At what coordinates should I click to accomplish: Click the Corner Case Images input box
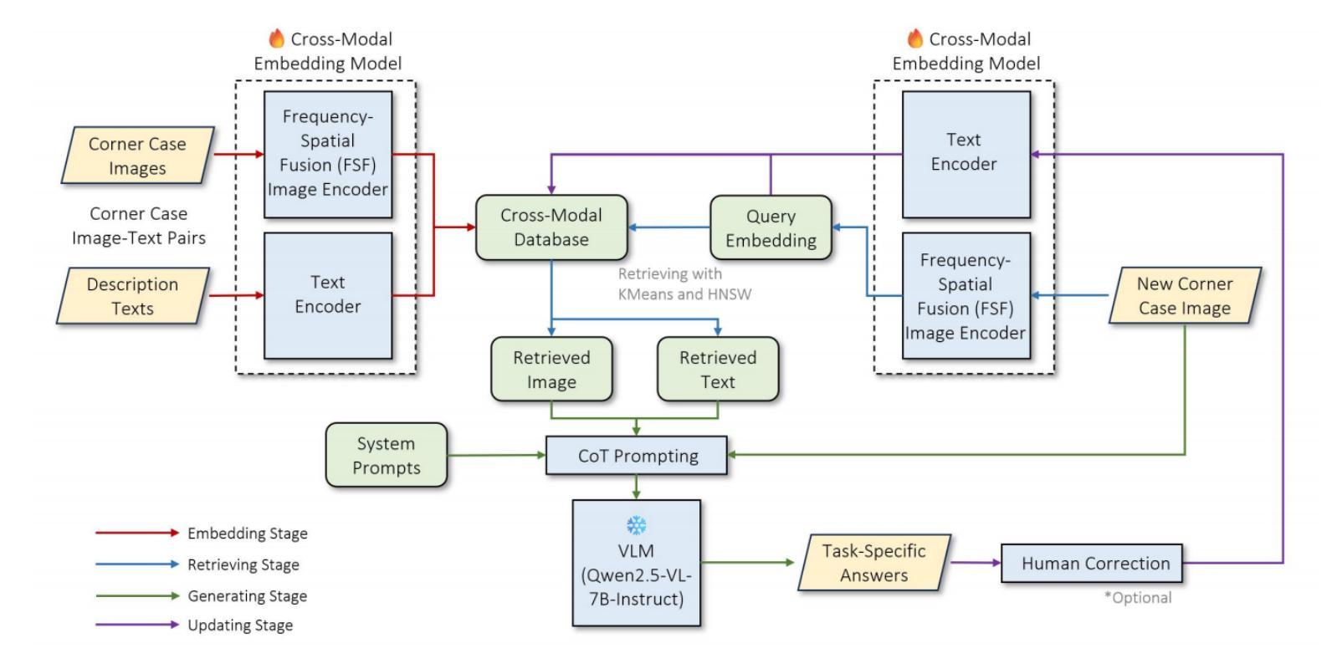(137, 156)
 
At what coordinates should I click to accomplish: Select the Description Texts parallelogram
(132, 296)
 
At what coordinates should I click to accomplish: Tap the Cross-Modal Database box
(551, 227)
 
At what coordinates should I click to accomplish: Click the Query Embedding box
(771, 228)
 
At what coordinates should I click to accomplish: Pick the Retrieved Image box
(551, 370)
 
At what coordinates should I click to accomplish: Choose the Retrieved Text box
(718, 370)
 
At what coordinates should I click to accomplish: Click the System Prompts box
(386, 456)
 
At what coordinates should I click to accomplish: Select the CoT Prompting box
(637, 456)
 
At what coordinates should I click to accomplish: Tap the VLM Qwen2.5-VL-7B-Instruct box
(636, 563)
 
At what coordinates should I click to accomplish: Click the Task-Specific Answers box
(874, 563)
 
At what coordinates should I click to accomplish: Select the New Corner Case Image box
(1185, 296)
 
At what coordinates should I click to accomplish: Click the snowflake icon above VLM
(636, 526)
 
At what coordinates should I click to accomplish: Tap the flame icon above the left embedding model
(276, 38)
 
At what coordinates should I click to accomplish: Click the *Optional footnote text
(1138, 598)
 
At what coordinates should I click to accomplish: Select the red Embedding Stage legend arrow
(136, 533)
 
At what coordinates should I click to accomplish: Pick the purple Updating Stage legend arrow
(136, 625)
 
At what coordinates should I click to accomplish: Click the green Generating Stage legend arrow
(136, 595)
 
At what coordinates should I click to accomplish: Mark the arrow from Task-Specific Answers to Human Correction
(976, 563)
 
